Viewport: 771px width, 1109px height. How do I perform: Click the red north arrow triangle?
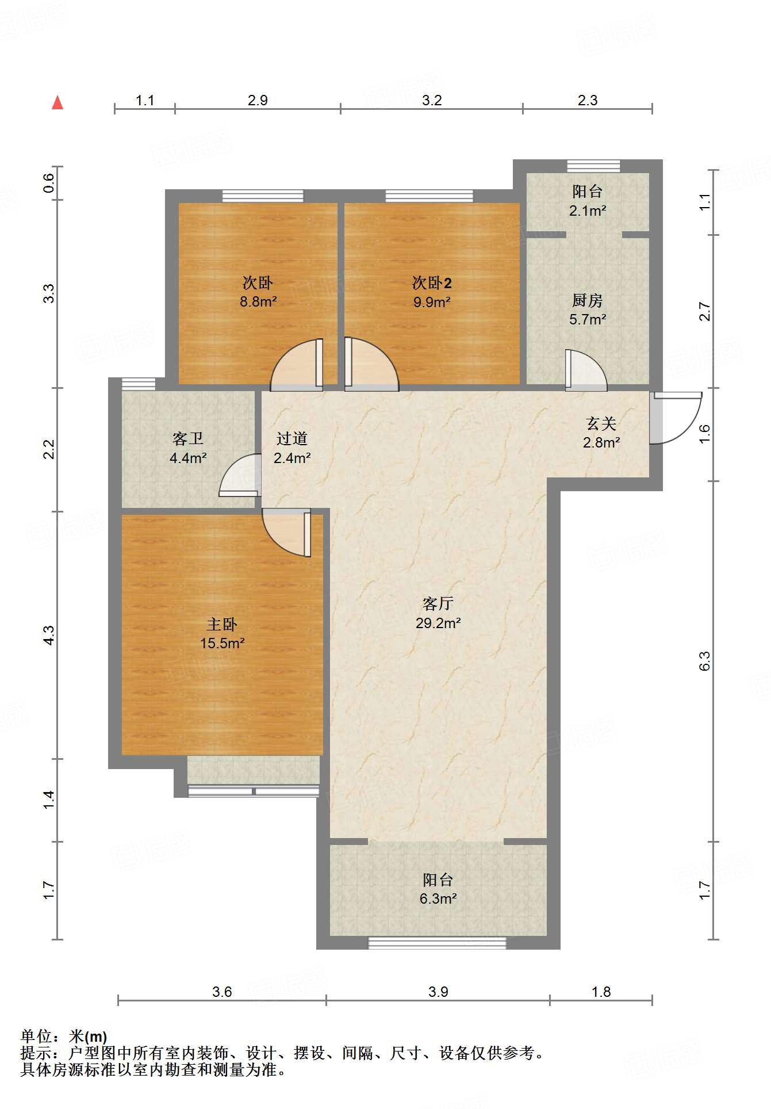click(57, 103)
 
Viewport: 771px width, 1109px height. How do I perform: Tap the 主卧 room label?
click(222, 624)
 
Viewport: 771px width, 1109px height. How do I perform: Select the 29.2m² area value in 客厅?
click(438, 623)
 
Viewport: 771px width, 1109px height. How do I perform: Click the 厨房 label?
click(587, 300)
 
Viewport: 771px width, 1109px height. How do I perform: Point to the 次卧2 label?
click(432, 282)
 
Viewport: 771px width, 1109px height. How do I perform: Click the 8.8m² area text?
click(258, 301)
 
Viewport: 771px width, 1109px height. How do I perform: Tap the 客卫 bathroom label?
click(188, 439)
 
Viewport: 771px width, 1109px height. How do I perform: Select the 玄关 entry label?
click(601, 424)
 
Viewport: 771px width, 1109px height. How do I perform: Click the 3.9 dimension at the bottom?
click(438, 992)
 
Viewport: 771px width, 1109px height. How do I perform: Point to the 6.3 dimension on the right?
click(705, 661)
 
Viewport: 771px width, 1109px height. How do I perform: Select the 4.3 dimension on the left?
click(49, 635)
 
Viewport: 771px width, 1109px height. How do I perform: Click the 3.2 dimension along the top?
click(432, 101)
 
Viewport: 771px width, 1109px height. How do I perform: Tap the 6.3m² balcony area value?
click(438, 898)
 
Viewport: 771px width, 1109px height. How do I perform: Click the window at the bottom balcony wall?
click(437, 943)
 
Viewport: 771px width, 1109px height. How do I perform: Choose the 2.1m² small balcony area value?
click(588, 211)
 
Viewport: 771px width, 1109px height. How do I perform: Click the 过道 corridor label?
click(292, 439)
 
